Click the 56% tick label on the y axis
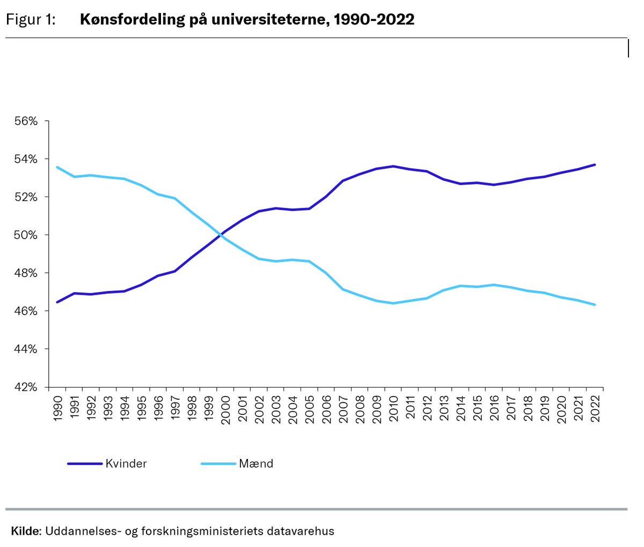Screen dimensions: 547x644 [26, 121]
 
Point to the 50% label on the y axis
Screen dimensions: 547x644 [26, 235]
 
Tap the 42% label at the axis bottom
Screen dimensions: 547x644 [26, 387]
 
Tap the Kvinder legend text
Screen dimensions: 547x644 [126, 464]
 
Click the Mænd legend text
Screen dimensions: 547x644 [256, 464]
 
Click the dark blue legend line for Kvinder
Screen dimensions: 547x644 [85, 464]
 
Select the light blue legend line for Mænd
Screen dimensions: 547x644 [218, 464]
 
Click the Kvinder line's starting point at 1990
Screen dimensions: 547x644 [57, 302]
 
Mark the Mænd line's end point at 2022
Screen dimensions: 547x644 [595, 305]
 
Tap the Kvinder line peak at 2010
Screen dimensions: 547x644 [393, 166]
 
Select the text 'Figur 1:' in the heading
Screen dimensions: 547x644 [31, 20]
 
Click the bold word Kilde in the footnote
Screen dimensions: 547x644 [25, 531]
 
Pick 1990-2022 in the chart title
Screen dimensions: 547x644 [374, 20]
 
